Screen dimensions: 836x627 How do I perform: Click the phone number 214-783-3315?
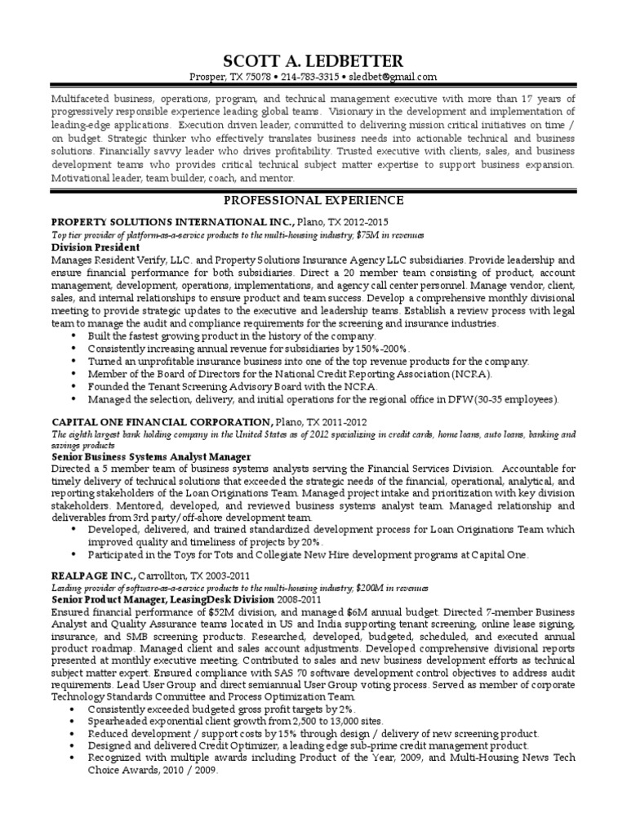[x=308, y=77]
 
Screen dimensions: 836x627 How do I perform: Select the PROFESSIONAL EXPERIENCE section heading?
[x=313, y=200]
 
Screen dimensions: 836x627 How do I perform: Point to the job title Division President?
[x=96, y=247]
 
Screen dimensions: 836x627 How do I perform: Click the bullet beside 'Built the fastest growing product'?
[x=75, y=336]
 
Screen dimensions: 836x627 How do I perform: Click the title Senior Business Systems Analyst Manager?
[x=151, y=457]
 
